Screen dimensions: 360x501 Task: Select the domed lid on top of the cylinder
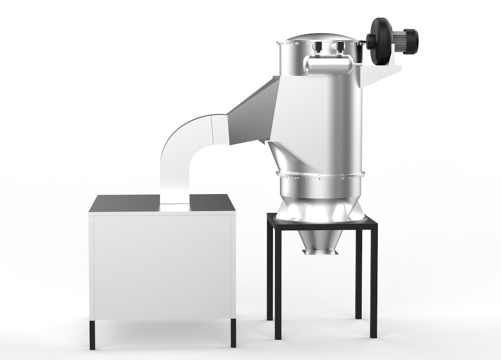(321, 38)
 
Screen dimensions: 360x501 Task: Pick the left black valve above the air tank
(318, 46)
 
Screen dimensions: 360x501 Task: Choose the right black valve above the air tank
(340, 46)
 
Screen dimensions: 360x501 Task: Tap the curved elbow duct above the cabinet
(184, 147)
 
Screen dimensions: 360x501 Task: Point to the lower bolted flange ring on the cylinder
(321, 175)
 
